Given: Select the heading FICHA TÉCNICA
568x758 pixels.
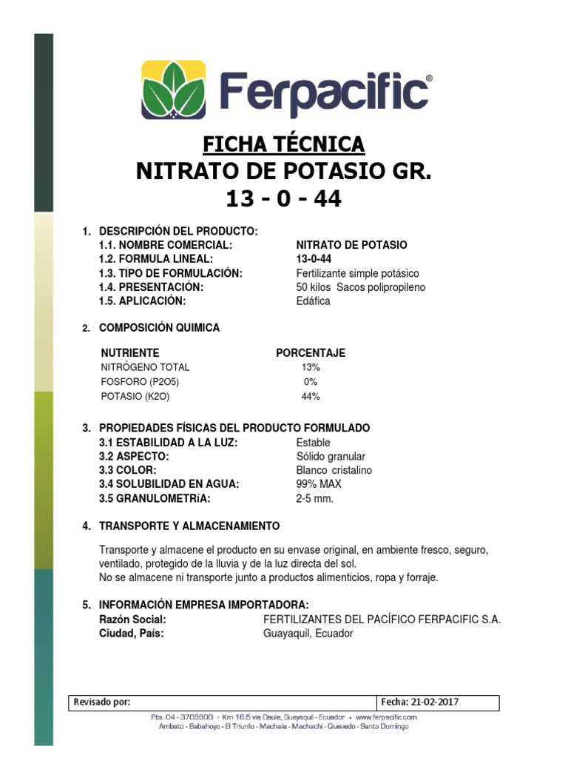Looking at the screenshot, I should point(283,144).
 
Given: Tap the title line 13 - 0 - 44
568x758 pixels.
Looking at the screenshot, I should point(283,198).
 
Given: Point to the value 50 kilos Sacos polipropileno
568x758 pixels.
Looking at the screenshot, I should point(360,287).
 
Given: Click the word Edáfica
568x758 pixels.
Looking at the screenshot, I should point(313,301).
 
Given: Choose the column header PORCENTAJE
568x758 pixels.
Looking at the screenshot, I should point(311,353).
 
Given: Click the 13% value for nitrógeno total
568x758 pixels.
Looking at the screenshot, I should point(311,367).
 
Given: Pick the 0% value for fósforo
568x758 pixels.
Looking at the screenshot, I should point(311,382).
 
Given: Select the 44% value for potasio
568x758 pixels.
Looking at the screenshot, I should point(311,397).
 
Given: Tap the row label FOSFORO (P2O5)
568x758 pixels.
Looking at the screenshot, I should point(140,382).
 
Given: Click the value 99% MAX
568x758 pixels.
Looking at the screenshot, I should point(319,484).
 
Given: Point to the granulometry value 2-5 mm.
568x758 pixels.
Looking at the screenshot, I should point(314,498).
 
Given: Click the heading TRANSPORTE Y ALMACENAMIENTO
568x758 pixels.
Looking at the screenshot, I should point(189,526).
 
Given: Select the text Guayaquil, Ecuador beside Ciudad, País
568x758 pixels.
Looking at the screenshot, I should point(308,634).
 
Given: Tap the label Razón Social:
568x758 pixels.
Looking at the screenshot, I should point(132,620).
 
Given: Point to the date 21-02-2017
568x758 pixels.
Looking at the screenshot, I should point(442,702).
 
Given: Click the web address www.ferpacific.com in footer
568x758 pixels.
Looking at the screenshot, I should point(386,717).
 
